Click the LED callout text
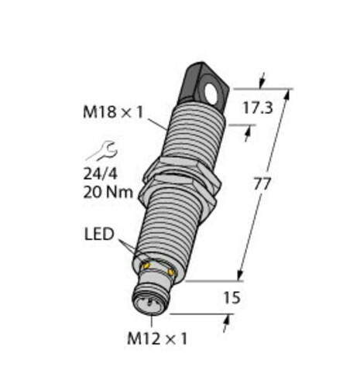pyautogui.click(x=99, y=232)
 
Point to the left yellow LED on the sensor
pyautogui.click(x=145, y=265)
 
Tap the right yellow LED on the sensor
pyautogui.click(x=169, y=272)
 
